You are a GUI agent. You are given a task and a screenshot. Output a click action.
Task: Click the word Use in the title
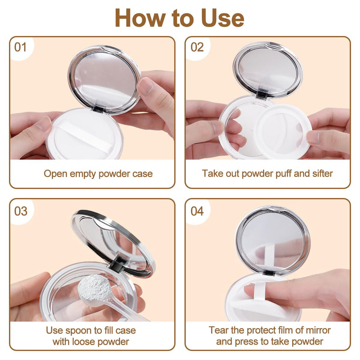(222, 18)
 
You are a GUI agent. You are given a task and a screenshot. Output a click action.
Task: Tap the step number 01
(20, 47)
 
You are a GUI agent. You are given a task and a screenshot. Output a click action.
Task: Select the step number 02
(197, 47)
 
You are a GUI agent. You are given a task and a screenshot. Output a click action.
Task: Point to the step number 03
(21, 211)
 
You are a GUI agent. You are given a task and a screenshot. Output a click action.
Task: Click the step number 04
(197, 211)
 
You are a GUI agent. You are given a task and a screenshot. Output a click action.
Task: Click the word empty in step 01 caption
(83, 174)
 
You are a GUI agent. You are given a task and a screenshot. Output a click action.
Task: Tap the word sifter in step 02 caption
(322, 174)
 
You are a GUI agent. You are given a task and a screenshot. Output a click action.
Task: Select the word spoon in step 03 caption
(77, 331)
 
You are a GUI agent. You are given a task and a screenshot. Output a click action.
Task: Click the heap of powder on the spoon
(94, 288)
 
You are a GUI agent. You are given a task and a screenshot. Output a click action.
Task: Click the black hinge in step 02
(262, 94)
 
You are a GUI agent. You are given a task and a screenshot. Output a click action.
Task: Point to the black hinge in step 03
(116, 265)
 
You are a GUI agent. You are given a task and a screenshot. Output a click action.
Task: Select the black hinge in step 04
(269, 273)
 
